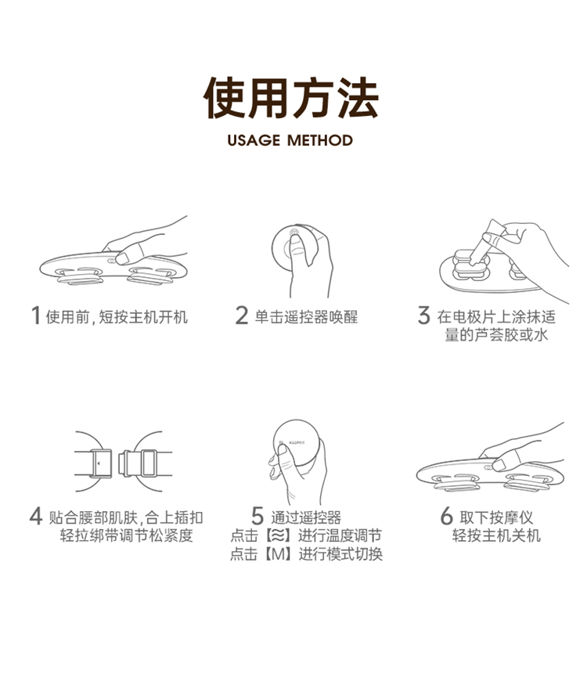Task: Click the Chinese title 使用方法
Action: [291, 98]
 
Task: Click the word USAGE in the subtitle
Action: [254, 141]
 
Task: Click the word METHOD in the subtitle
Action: [320, 141]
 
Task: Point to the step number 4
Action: [36, 516]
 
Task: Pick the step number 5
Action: [257, 516]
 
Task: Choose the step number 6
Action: [447, 516]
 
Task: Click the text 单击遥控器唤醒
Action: [306, 317]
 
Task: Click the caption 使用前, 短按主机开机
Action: [117, 317]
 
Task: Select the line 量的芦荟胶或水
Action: [496, 335]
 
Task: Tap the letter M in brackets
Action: [279, 554]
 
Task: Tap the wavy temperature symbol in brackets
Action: [279, 535]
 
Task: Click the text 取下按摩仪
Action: [496, 517]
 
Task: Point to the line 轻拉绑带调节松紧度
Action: [126, 535]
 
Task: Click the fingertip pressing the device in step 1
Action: [123, 258]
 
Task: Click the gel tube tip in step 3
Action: [474, 261]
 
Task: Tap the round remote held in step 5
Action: [297, 445]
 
